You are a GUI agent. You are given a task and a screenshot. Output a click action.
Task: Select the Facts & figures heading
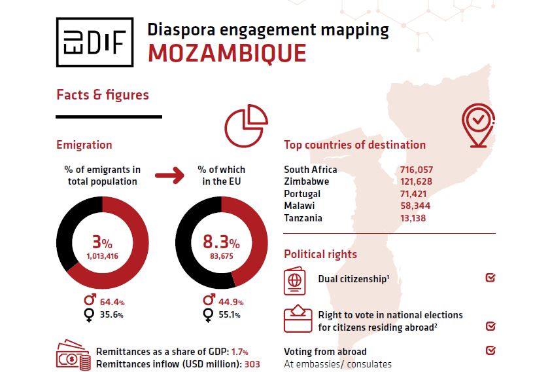(x=103, y=95)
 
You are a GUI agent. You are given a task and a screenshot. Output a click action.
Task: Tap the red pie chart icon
(x=247, y=125)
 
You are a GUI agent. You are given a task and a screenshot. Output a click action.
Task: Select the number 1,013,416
(x=103, y=256)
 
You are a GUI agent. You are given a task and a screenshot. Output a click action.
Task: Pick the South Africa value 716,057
(x=416, y=170)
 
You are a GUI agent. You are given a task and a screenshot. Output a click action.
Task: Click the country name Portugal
(x=302, y=194)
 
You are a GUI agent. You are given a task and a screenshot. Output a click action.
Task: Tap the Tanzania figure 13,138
(x=412, y=218)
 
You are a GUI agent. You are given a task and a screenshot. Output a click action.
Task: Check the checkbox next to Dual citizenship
(x=490, y=278)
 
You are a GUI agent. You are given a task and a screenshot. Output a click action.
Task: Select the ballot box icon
(x=298, y=318)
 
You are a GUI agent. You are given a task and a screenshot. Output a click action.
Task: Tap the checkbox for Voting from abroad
(x=490, y=350)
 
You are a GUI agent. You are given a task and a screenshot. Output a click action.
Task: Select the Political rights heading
(x=320, y=254)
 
